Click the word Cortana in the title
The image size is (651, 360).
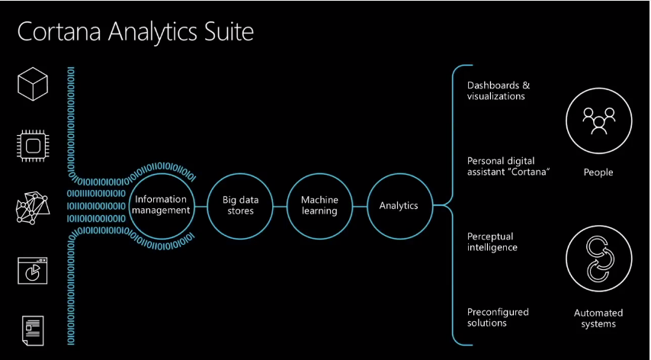pyautogui.click(x=59, y=31)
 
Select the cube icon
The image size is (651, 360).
pyautogui.click(x=33, y=84)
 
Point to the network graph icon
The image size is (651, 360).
pyautogui.click(x=32, y=207)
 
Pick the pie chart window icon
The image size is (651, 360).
pyautogui.click(x=32, y=271)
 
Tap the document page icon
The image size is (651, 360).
pyautogui.click(x=32, y=330)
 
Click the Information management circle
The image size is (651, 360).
pyautogui.click(x=162, y=175)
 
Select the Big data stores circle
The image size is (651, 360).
pyautogui.click(x=240, y=175)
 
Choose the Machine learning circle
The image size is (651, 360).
pyautogui.click(x=319, y=175)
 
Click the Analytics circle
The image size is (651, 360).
pyautogui.click(x=399, y=175)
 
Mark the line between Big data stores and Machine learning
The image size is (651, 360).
pyautogui.click(x=280, y=206)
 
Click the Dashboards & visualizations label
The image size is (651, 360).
pyautogui.click(x=499, y=91)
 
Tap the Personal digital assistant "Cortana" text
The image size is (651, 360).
pyautogui.click(x=508, y=166)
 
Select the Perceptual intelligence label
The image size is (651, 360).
pyautogui.click(x=492, y=242)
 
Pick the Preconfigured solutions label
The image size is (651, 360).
pyautogui.click(x=498, y=317)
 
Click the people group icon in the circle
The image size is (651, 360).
pyautogui.click(x=598, y=121)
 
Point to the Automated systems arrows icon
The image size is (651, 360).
pyautogui.click(x=598, y=259)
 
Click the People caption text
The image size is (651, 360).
pyautogui.click(x=598, y=172)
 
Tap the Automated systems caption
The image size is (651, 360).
pyautogui.click(x=598, y=319)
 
